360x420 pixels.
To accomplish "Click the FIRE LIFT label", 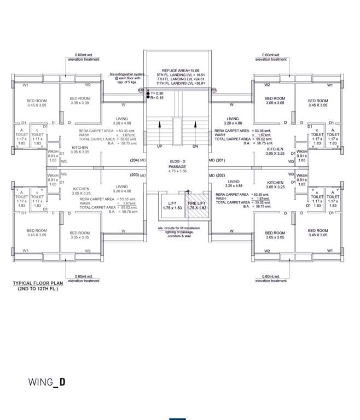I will click(x=196, y=203).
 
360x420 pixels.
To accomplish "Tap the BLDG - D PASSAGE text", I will click(x=177, y=167).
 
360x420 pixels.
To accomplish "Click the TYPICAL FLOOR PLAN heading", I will click(x=38, y=283).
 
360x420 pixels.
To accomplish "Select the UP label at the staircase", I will click(x=159, y=147).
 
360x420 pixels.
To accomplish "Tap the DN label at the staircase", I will click(x=195, y=147).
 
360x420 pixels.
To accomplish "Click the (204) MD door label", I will click(x=137, y=160).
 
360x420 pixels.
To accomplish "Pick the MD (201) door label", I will click(x=217, y=160).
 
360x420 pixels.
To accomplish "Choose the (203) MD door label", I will click(x=137, y=175).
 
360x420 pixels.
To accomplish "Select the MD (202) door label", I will click(x=217, y=175).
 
